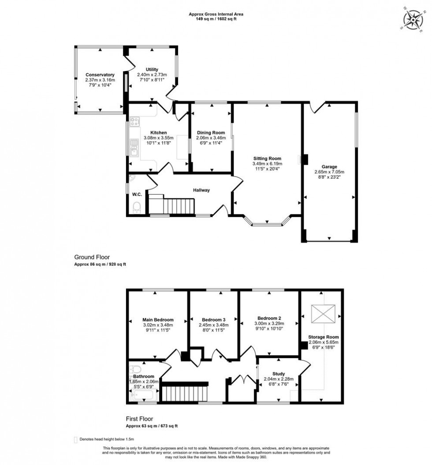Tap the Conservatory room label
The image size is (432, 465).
click(x=100, y=75)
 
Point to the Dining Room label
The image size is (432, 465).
click(x=211, y=132)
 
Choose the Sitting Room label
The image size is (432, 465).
click(x=267, y=158)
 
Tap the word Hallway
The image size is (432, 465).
click(x=201, y=190)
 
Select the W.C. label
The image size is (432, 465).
click(x=136, y=194)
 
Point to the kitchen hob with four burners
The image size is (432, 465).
click(x=135, y=120)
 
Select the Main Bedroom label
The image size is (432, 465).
click(x=157, y=320)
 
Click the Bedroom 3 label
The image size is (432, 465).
click(x=214, y=320)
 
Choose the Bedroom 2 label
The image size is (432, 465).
click(x=269, y=318)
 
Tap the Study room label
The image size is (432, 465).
click(x=278, y=373)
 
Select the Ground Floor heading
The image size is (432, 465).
click(x=92, y=257)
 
